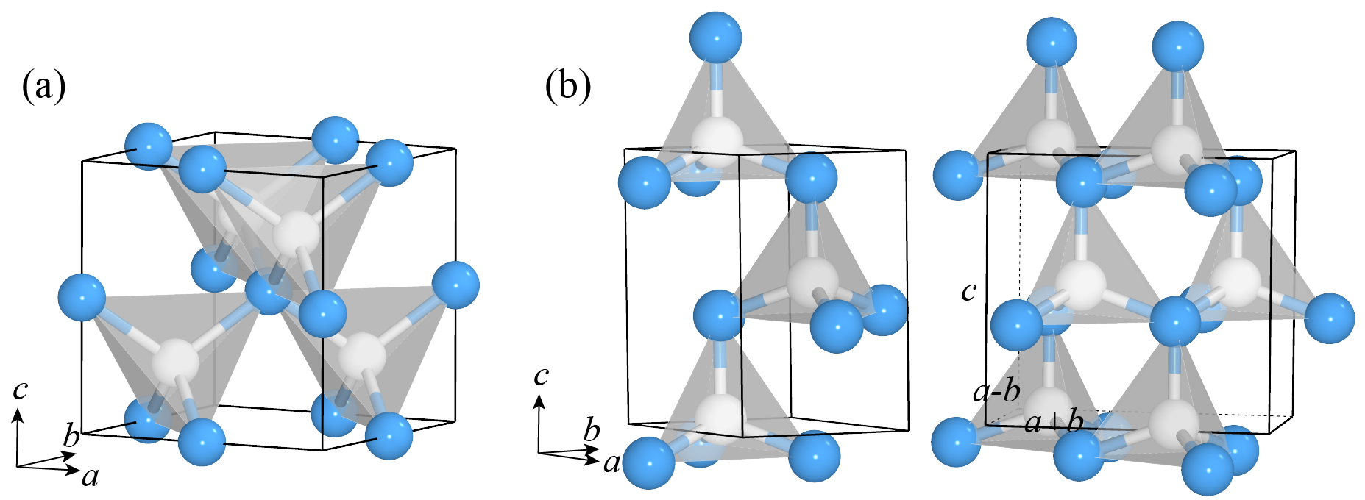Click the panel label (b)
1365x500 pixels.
[567, 87]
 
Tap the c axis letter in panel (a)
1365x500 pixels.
[20, 388]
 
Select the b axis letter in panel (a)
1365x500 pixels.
[71, 436]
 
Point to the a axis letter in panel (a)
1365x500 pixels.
[90, 478]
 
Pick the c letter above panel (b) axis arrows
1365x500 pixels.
[541, 376]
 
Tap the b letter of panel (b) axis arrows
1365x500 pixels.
[592, 430]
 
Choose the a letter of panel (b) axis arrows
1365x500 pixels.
[611, 463]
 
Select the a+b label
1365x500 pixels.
[1054, 423]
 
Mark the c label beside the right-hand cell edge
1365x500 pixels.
[968, 292]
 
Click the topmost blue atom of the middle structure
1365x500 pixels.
[715, 37]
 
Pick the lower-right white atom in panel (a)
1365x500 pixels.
[361, 357]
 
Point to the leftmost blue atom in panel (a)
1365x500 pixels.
[82, 297]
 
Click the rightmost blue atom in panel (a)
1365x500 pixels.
[455, 285]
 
